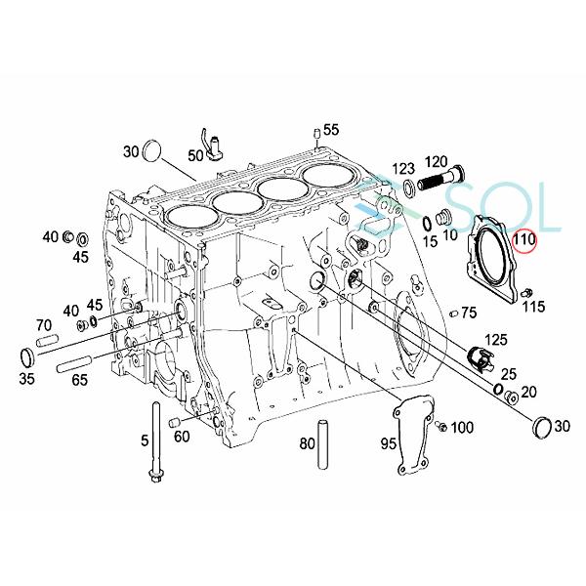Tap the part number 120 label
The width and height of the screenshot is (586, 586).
436,161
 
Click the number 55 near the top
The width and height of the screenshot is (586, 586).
331,130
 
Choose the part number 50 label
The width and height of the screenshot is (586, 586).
196,154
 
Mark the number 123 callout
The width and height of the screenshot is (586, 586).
403,169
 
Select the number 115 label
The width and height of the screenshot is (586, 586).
533,308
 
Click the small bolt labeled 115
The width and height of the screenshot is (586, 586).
527,291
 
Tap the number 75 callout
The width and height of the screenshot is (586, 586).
469,313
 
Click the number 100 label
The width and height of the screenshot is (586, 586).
462,428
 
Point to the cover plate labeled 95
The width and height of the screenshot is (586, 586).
418,431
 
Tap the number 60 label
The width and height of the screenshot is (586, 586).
182,436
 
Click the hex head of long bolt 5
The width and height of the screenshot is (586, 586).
156,476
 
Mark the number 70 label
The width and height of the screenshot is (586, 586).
44,325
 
